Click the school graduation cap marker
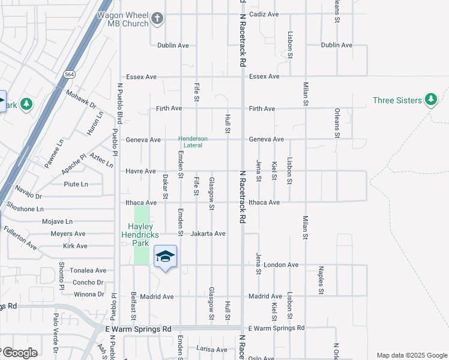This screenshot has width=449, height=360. (166, 257)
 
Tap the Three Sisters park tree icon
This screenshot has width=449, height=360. (430, 100)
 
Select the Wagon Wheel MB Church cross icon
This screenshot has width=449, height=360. (158, 19)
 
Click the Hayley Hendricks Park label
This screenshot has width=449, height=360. (140, 235)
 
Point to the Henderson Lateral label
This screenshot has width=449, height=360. (193, 142)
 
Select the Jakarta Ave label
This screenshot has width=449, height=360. (208, 233)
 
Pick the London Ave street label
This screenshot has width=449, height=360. (281, 265)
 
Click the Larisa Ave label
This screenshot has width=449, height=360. (212, 349)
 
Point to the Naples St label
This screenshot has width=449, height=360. (321, 281)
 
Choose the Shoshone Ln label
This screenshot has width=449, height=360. (24, 209)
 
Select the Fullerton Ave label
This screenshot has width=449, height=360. (20, 238)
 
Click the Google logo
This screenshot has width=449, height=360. (19, 353)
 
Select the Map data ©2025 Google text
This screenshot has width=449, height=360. (412, 355)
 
